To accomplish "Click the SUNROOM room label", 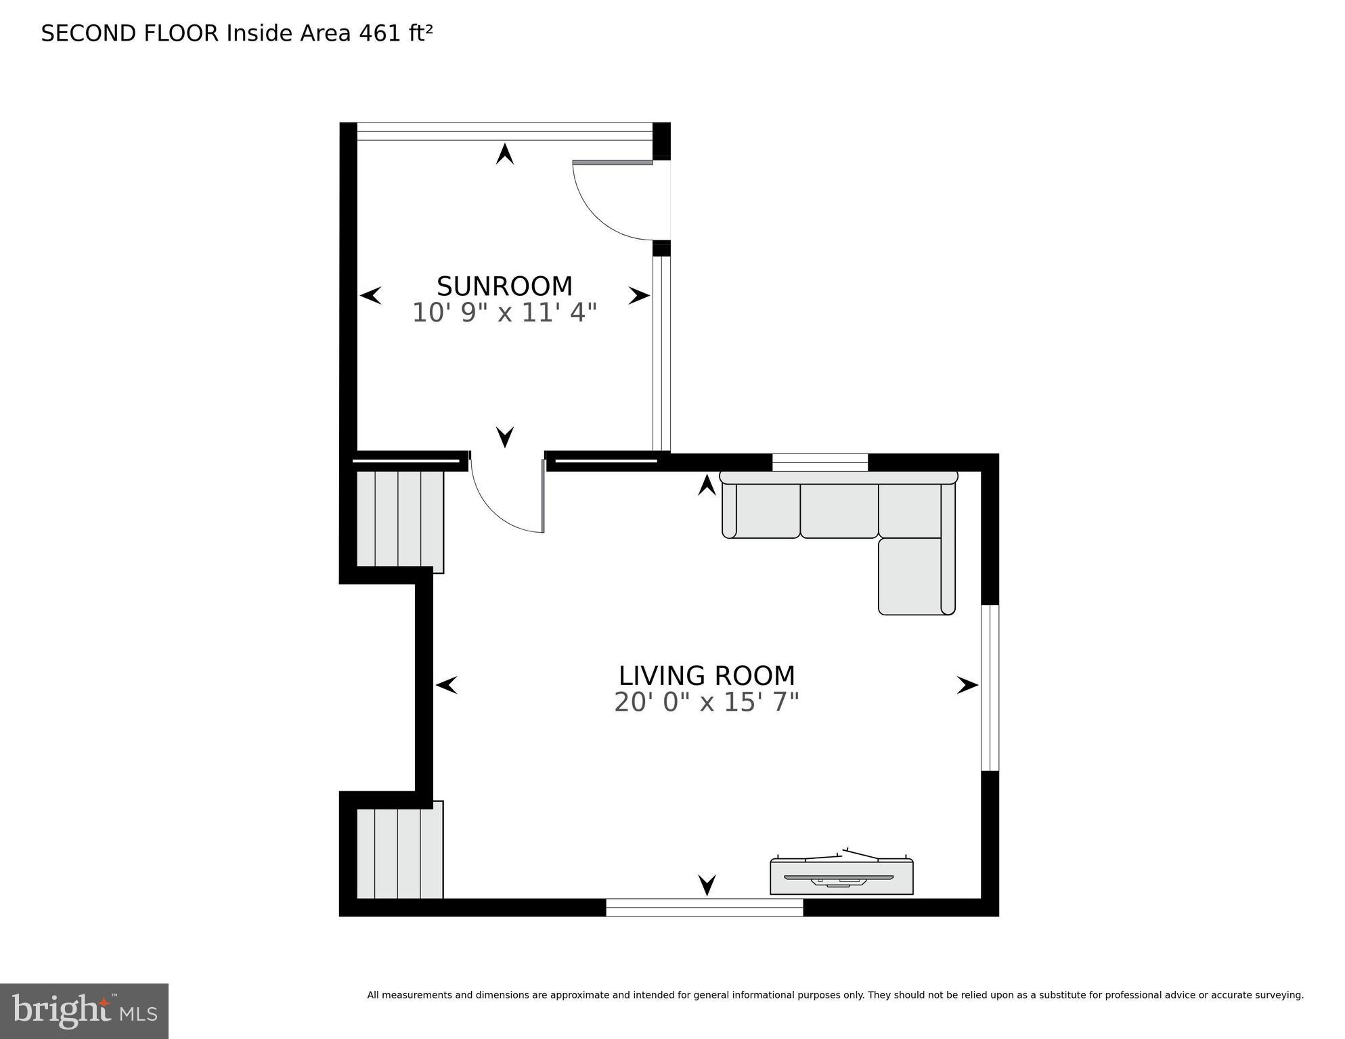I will [504, 286].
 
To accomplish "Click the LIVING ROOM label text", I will [706, 676].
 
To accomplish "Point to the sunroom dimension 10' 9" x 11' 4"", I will [504, 313].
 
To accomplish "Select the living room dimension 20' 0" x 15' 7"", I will [706, 702].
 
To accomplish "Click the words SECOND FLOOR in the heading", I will [130, 33].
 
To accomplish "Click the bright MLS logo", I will [84, 1011].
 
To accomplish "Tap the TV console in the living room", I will [841, 877].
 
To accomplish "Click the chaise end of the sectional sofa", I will [916, 576].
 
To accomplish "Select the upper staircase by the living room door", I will [399, 520].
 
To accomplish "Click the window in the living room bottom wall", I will [704, 907].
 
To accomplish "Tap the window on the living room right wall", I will [990, 688].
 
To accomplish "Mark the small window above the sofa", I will [820, 462].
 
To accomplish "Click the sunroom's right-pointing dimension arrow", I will [638, 296].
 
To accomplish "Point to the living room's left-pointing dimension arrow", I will [446, 685].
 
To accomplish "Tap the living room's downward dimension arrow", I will [707, 884].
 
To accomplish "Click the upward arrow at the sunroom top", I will [504, 154].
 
